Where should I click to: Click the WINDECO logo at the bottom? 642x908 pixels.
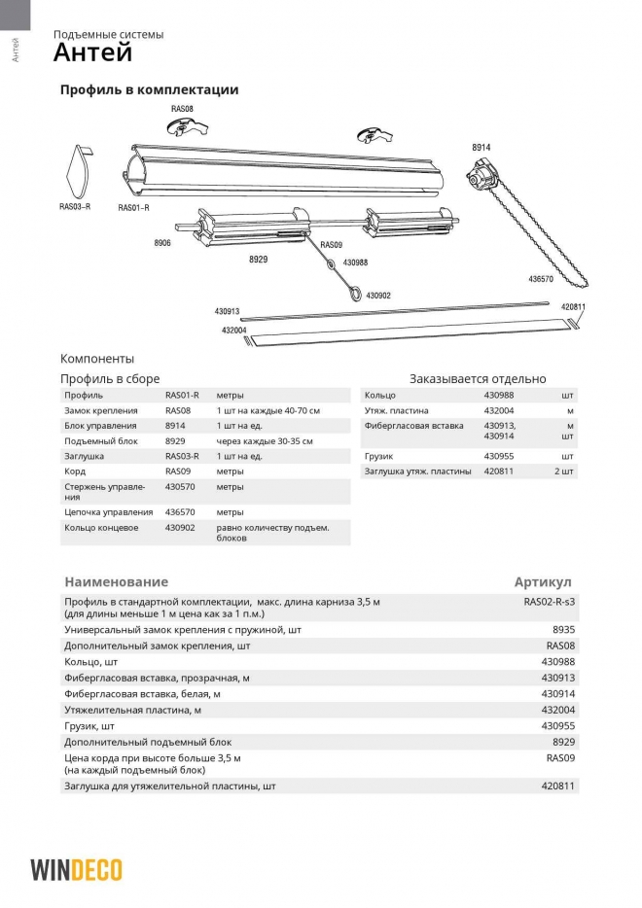[x=76, y=868]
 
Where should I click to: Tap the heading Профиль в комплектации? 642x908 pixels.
[x=149, y=89]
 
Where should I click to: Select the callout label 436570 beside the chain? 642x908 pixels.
[x=541, y=279]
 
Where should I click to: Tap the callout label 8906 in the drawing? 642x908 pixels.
[x=161, y=243]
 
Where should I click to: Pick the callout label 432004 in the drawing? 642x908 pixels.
[x=233, y=331]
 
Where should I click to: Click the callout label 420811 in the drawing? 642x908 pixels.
[x=574, y=307]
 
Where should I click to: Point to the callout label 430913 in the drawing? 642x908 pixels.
[x=227, y=312]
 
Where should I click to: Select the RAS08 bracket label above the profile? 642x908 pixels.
[x=182, y=109]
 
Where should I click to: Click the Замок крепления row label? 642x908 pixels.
[x=100, y=411]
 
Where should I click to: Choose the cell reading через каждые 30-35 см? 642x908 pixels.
[x=265, y=441]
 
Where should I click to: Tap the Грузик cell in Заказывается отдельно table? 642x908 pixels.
[x=378, y=456]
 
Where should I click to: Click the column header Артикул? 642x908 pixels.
[x=543, y=581]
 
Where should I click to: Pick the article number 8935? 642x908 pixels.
[x=564, y=630]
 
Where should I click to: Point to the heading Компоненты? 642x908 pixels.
[x=97, y=359]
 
